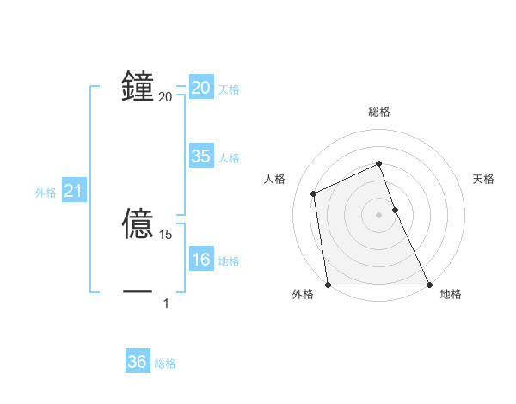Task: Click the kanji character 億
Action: pyautogui.click(x=138, y=222)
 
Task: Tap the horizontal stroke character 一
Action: pyautogui.click(x=138, y=291)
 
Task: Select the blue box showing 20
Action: pyautogui.click(x=201, y=88)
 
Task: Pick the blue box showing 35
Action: pyautogui.click(x=201, y=156)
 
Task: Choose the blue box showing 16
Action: pyautogui.click(x=201, y=259)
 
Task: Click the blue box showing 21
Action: pyautogui.click(x=73, y=191)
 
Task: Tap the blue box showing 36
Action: pyautogui.click(x=138, y=362)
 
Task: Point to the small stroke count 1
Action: pyautogui.click(x=166, y=303)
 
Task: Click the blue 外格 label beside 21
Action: pyautogui.click(x=46, y=193)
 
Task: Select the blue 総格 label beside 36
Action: pyautogui.click(x=165, y=364)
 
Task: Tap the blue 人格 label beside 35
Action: pyautogui.click(x=229, y=158)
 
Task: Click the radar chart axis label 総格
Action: pyautogui.click(x=379, y=112)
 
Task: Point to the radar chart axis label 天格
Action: pyautogui.click(x=483, y=179)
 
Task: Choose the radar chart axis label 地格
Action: pyautogui.click(x=451, y=294)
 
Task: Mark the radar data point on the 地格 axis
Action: pyautogui.click(x=428, y=285)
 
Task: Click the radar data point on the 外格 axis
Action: pyautogui.click(x=329, y=285)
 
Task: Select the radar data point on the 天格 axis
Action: pyautogui.click(x=395, y=209)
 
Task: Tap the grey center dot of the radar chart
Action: pyautogui.click(x=379, y=214)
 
